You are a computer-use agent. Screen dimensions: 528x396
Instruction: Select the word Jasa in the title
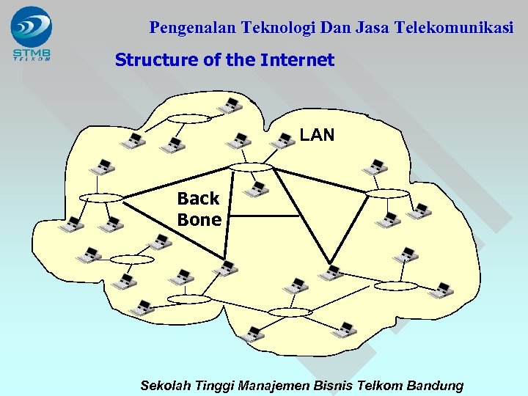(373, 29)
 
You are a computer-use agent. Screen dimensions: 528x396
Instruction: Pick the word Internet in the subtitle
(297, 60)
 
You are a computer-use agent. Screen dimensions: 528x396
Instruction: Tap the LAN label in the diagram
(317, 135)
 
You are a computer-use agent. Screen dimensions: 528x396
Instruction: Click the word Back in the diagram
(198, 199)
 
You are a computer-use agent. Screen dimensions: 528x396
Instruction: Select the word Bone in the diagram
(199, 220)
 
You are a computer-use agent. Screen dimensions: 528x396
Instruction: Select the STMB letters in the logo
(32, 52)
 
